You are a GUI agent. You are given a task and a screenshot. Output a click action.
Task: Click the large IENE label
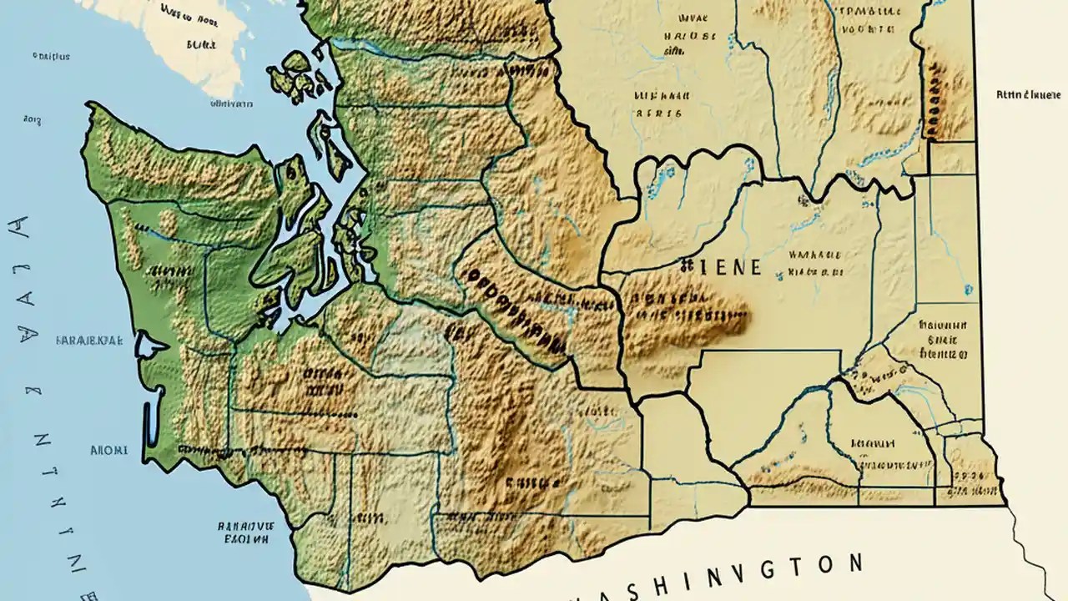723,267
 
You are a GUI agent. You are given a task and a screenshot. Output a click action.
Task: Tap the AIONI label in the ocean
109,450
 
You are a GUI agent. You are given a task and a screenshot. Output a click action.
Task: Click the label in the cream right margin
1027,95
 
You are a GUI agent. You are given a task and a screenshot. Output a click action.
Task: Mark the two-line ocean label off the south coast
245,533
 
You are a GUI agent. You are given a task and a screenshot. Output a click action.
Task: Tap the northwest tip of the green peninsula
90,107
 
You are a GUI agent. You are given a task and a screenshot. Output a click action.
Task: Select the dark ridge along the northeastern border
934,92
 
